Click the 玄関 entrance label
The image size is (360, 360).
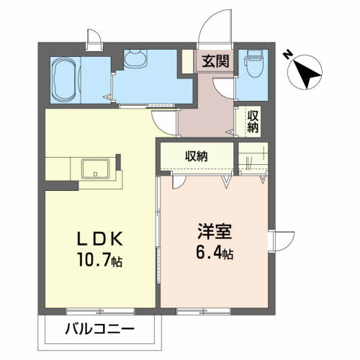point(215,61)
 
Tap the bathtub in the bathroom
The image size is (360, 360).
point(66,80)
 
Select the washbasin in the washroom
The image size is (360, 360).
point(135,58)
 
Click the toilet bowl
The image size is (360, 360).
point(254,63)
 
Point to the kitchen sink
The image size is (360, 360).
point(95,168)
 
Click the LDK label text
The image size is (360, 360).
point(99,239)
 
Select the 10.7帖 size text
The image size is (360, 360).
point(99,260)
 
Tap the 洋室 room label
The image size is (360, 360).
point(215,231)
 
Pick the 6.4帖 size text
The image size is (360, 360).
point(215,252)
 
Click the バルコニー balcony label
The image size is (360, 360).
point(99,329)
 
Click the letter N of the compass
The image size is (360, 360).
point(287,55)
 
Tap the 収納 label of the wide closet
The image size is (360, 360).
point(196,156)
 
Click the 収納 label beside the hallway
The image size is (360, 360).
point(253,122)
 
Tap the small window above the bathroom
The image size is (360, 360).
point(94,40)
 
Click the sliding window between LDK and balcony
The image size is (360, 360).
point(100,311)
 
